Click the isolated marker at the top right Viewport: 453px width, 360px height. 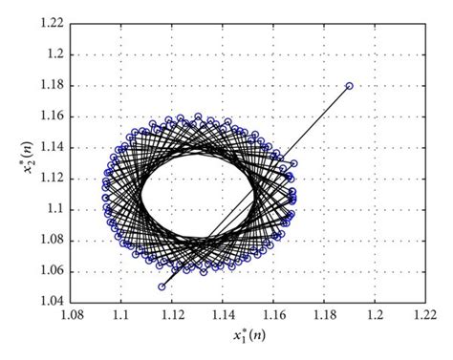point(349,86)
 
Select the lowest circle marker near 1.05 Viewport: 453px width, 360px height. point(162,286)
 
